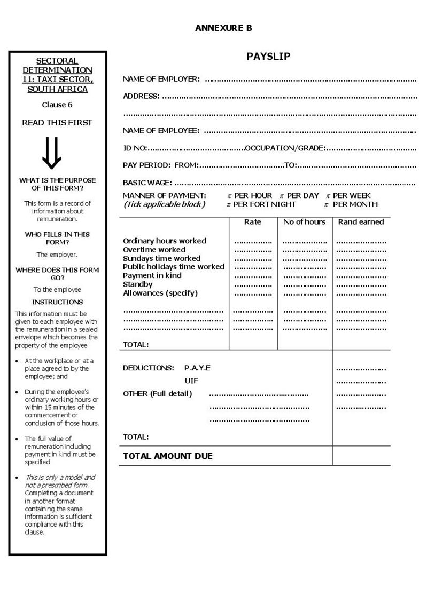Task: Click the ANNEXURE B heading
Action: point(223,28)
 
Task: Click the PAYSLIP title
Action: point(268,57)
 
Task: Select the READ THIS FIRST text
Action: point(57,122)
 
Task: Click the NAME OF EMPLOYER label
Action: point(161,79)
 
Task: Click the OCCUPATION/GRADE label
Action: point(284,148)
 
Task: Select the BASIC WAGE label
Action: point(147,183)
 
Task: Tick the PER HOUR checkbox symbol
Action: point(229,196)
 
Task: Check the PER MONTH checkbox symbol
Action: point(326,204)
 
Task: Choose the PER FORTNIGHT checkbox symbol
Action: point(228,204)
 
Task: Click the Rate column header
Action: point(252,221)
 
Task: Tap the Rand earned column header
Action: point(361,221)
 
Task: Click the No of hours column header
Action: point(304,221)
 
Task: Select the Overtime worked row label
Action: point(154,249)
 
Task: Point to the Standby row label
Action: point(138,284)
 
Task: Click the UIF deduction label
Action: point(191,380)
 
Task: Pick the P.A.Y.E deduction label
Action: point(197,368)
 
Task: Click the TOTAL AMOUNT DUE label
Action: point(168,456)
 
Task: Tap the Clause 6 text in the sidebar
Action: point(57,105)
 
